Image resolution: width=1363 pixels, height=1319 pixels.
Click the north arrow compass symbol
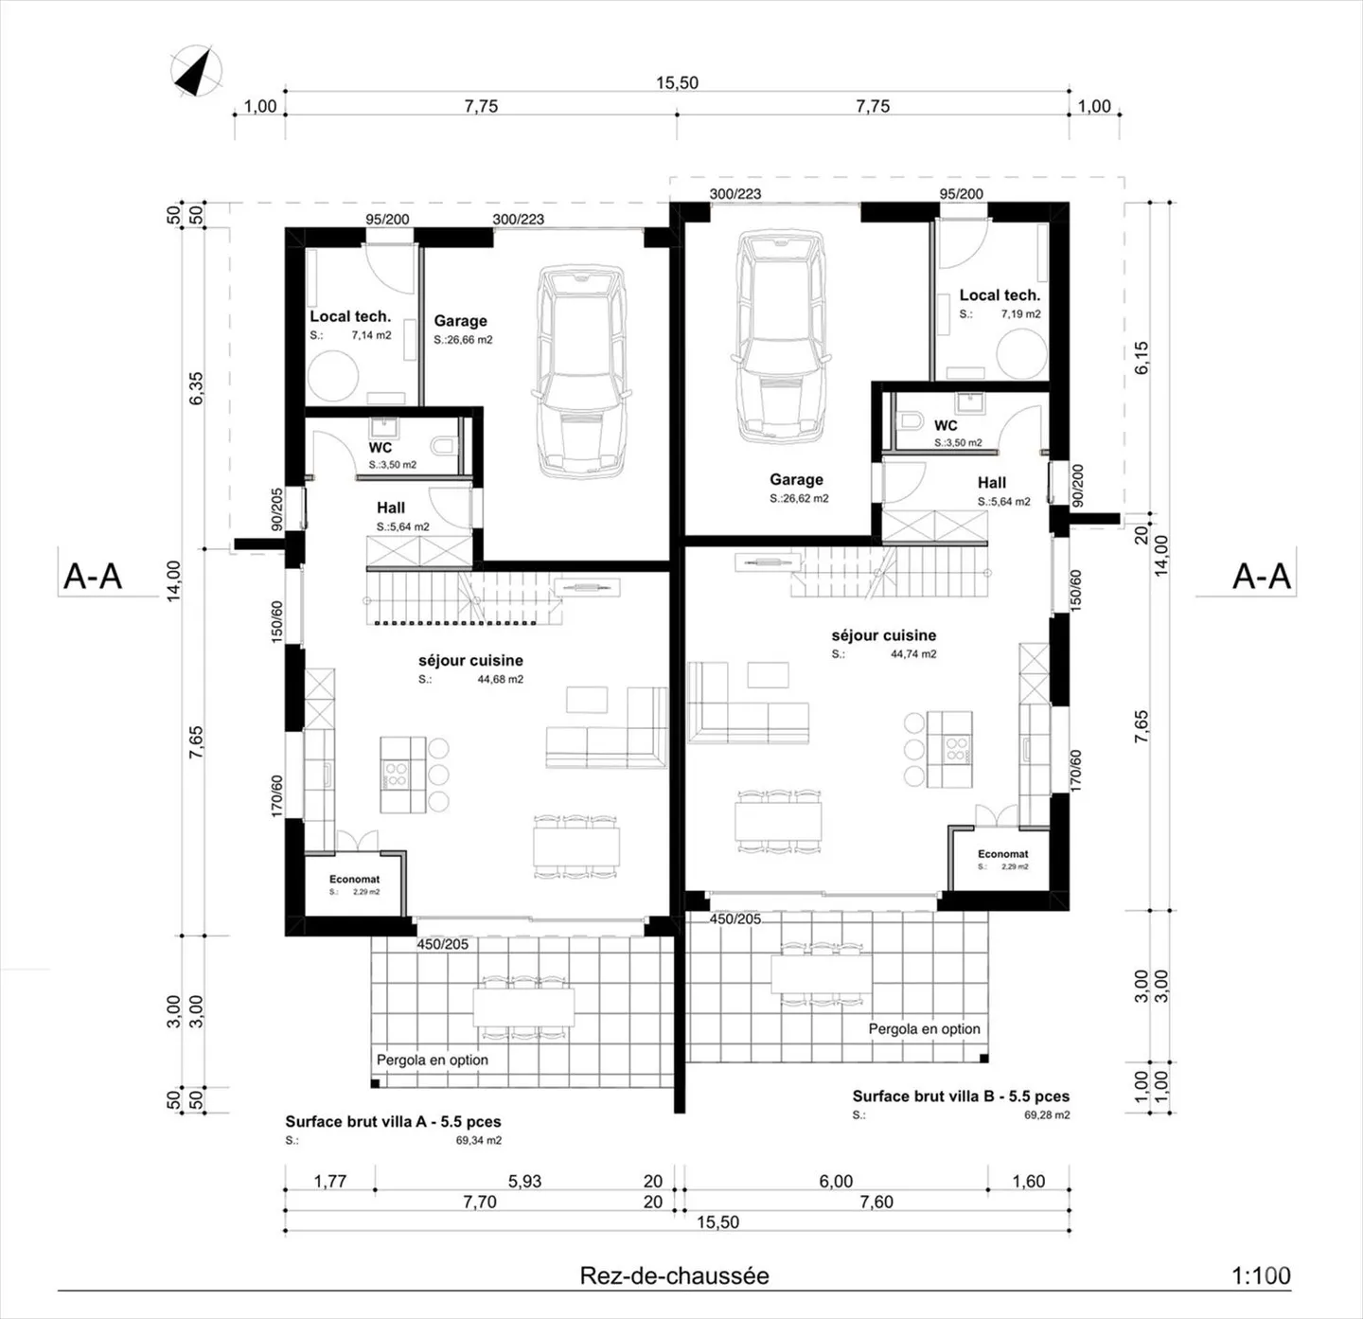pos(196,70)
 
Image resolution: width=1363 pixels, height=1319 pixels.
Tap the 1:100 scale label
pos(1261,1275)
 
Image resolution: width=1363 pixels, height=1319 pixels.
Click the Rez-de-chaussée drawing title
pos(674,1275)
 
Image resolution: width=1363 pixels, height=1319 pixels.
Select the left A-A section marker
pos(93,576)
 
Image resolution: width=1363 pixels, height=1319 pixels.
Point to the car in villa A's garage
pos(581,371)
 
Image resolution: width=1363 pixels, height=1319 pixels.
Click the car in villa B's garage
pos(780,337)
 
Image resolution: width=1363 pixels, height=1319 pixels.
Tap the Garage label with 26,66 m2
pos(460,321)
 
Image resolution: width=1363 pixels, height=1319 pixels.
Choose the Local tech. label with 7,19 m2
pos(999,295)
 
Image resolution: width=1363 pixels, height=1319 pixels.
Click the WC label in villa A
pos(380,448)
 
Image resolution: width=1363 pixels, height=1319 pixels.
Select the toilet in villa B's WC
pos(911,421)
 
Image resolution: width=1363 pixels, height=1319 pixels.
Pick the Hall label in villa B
pos(991,483)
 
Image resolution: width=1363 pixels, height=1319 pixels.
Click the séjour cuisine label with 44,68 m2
pos(470,661)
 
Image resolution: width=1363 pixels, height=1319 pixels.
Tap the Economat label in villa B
pos(1002,854)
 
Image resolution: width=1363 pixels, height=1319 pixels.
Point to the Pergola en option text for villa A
pos(433,1060)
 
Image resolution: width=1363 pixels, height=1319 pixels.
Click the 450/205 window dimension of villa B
pos(735,918)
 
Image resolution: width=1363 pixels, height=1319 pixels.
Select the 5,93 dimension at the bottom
pos(525,1181)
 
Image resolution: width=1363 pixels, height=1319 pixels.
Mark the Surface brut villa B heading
pos(961,1096)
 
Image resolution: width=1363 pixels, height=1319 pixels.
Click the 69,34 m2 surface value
pos(479,1140)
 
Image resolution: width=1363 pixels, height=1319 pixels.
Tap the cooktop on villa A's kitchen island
pos(396,775)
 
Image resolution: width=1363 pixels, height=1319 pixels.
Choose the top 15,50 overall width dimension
pos(677,83)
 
